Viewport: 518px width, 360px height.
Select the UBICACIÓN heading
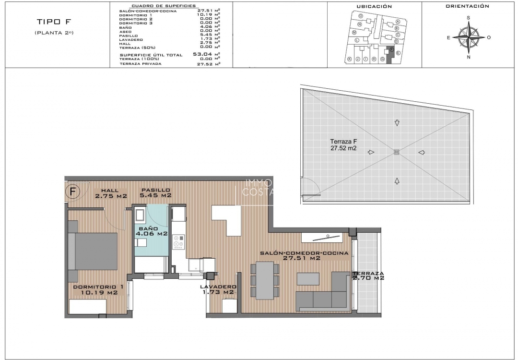(374, 7)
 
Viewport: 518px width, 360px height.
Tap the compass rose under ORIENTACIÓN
(469, 37)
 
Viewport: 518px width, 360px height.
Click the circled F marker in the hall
(73, 192)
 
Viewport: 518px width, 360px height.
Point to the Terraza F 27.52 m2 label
(343, 145)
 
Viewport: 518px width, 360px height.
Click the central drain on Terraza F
(396, 152)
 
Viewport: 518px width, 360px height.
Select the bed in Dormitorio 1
(93, 252)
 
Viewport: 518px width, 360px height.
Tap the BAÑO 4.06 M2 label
(151, 231)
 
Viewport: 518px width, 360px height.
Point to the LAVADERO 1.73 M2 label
(217, 289)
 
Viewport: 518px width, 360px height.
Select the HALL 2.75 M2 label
(111, 193)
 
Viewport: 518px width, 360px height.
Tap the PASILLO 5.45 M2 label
(155, 193)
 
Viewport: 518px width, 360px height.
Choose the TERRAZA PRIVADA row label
(141, 63)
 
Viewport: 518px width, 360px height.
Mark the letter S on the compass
(469, 18)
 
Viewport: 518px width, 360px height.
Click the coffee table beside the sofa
(307, 279)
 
